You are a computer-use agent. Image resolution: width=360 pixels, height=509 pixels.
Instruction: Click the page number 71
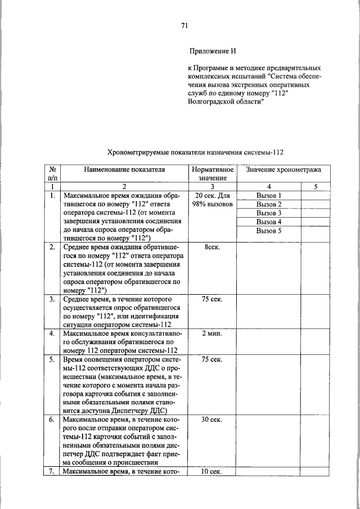coord(184,25)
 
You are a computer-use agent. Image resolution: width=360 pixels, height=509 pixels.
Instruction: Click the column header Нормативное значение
coord(212,173)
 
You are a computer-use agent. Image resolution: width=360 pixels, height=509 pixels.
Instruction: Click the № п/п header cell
coord(52,173)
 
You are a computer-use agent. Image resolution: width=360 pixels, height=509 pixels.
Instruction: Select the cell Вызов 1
coord(268,196)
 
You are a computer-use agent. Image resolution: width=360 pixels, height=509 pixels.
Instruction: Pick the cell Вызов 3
coord(268,213)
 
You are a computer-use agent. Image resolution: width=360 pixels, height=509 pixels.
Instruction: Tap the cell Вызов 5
coord(268,231)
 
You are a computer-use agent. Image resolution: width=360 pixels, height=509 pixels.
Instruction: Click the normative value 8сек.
coord(212,247)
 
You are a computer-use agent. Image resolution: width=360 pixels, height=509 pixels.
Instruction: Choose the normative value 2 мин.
coord(212,334)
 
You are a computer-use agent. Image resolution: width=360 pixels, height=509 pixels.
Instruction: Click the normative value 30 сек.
coord(212,420)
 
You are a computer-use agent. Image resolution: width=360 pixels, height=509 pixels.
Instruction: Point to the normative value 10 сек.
coord(212,471)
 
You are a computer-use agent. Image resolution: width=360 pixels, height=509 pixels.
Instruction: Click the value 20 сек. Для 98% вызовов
coord(212,200)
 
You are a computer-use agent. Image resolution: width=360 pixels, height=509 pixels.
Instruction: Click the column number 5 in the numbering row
coord(316,186)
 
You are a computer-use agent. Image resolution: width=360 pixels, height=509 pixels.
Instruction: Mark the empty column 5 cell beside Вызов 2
coord(316,204)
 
